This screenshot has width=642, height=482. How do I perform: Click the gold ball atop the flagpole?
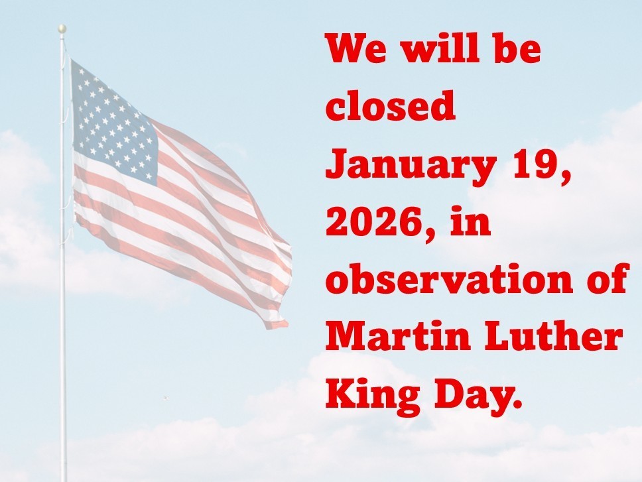62,29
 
